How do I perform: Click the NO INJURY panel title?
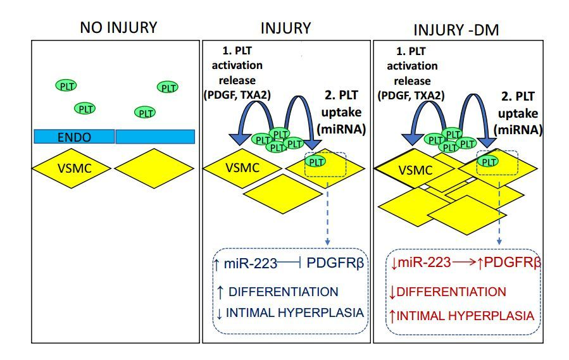[118, 28]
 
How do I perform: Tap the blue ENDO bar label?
[73, 136]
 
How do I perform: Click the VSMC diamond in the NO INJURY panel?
[73, 168]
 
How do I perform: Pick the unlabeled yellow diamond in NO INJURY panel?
[154, 168]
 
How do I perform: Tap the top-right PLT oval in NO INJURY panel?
[168, 87]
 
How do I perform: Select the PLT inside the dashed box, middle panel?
[318, 161]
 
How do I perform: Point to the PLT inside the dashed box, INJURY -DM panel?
[487, 161]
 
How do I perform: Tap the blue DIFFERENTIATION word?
[284, 292]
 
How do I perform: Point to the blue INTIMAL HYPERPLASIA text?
[292, 312]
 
